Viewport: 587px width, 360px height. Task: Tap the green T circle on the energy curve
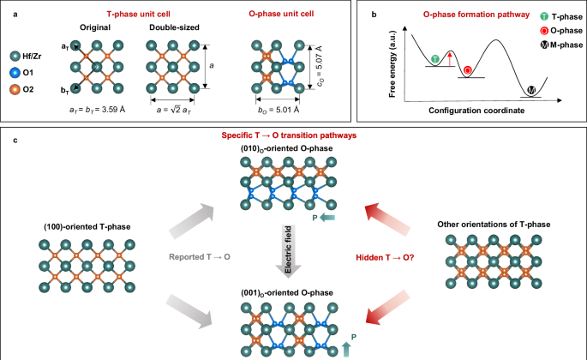pyautogui.click(x=436, y=58)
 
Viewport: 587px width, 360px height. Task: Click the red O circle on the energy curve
pyautogui.click(x=467, y=69)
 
